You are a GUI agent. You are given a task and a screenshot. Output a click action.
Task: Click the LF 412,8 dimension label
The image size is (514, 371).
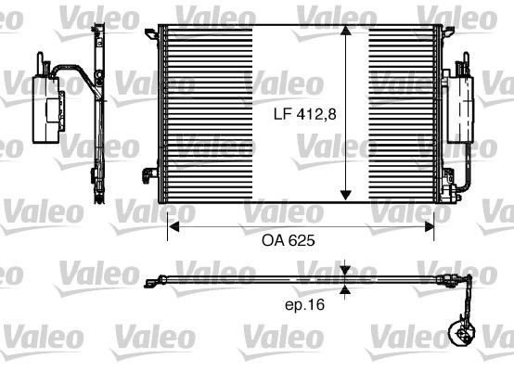301,115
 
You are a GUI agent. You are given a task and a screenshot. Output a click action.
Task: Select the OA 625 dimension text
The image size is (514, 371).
289,239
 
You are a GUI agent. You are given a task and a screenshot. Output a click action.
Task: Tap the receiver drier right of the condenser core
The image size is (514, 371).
459,106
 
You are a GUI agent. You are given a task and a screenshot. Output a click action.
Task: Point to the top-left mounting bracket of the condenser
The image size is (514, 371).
151,38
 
